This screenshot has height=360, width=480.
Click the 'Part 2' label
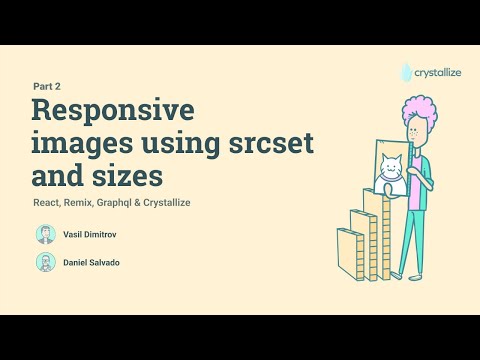point(48,87)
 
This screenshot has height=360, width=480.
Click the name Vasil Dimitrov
point(92,235)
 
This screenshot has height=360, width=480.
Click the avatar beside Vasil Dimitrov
point(45,235)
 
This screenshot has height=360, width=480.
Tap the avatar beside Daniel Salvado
point(45,263)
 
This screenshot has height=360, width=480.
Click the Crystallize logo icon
point(406,71)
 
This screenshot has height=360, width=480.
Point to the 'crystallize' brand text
point(438,72)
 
